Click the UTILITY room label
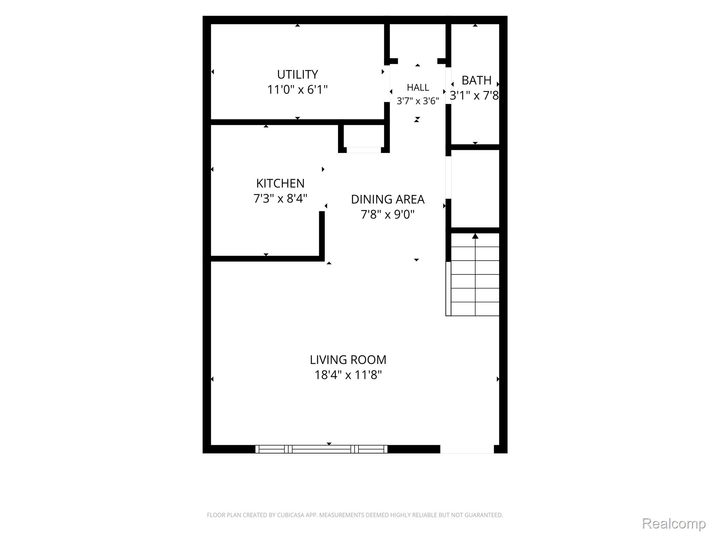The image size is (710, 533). point(297,75)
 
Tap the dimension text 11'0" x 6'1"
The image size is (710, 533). point(297,90)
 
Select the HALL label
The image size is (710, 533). point(418,87)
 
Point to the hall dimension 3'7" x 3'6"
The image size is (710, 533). point(418,101)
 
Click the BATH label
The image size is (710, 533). point(476,81)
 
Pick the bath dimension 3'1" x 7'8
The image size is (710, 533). point(474,95)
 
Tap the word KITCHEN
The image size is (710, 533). point(280,183)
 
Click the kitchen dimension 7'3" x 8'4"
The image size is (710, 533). point(280,198)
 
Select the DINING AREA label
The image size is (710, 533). point(388,200)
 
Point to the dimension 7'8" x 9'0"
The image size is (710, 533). point(388,214)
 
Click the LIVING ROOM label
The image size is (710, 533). point(348,360)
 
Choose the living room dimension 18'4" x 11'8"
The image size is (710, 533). point(348,375)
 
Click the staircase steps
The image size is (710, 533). point(475,274)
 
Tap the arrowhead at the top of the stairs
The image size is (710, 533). point(475,236)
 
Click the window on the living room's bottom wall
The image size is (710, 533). point(321,449)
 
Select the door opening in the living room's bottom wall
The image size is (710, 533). point(467,449)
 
